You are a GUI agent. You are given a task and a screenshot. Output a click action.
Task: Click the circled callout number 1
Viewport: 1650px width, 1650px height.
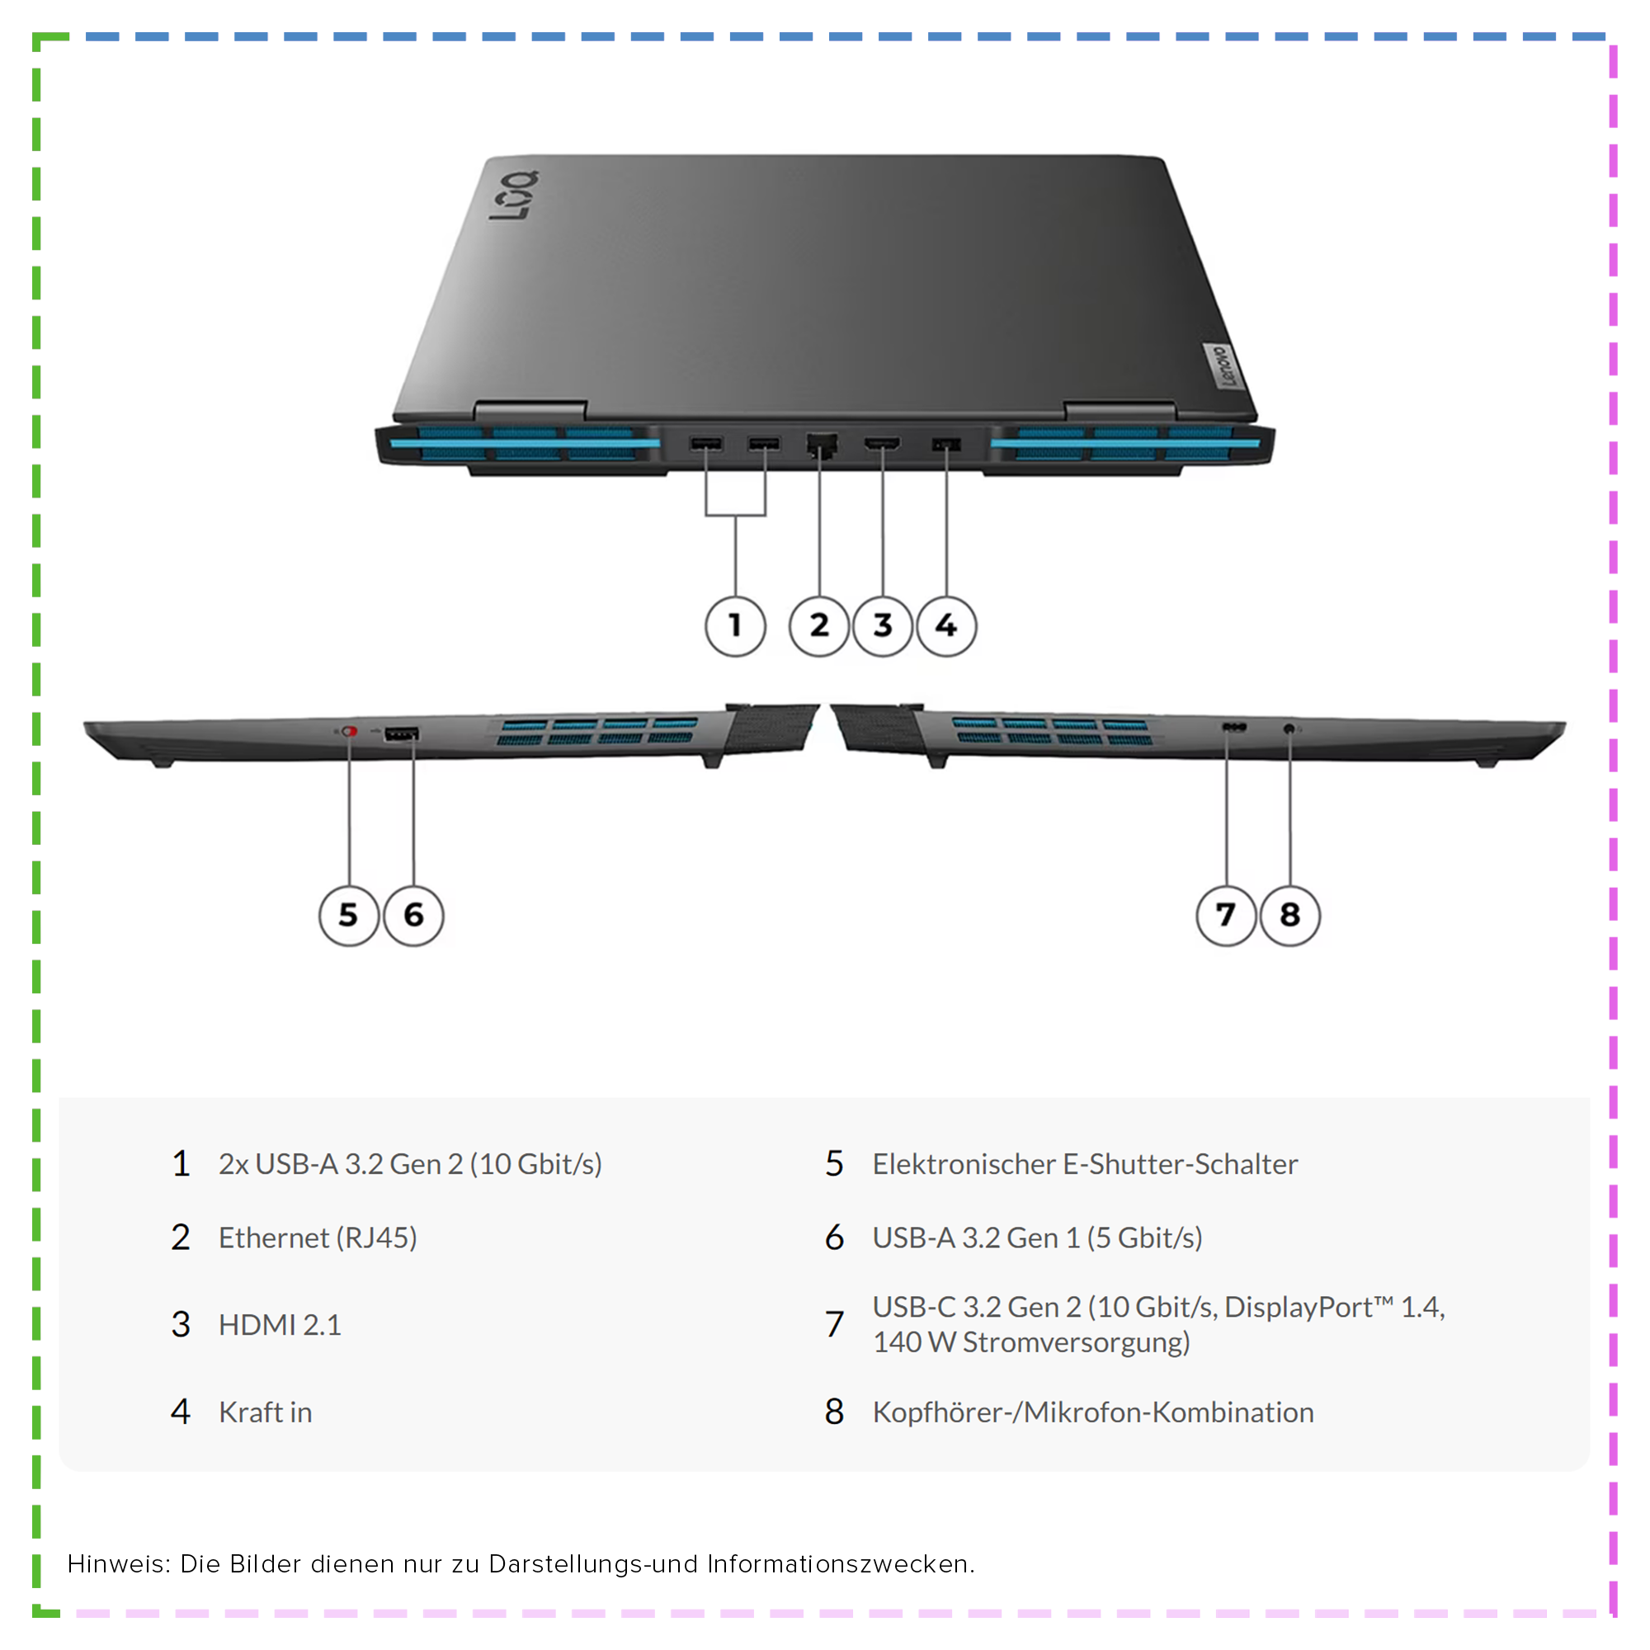coord(735,626)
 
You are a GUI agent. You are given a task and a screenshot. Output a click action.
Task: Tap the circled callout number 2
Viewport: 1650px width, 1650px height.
coord(819,626)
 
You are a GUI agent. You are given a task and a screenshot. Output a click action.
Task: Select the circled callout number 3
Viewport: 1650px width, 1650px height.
coord(882,626)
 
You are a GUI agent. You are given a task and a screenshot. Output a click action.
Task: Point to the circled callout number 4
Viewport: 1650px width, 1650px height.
coord(946,626)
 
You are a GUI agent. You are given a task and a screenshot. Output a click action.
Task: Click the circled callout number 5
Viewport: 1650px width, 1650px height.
coord(348,916)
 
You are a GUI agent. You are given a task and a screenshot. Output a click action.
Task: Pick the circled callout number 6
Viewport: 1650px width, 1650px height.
coord(413,916)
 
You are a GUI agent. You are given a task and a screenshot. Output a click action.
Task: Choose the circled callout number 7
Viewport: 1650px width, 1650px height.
coord(1227,916)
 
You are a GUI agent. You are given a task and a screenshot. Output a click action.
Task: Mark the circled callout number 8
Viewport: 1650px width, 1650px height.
coord(1290,916)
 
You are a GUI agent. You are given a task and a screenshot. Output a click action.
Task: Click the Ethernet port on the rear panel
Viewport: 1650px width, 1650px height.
coord(821,444)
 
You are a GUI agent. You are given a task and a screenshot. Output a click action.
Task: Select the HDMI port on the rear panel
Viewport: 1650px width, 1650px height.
coord(882,444)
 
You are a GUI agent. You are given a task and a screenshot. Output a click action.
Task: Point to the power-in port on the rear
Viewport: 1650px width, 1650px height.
coord(946,444)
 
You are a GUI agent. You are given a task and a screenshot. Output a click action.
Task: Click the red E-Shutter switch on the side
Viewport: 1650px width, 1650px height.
coord(348,732)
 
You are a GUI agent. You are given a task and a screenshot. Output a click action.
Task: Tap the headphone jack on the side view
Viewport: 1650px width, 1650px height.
coord(1289,728)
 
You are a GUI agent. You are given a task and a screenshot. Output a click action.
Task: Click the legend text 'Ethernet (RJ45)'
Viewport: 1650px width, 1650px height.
coord(318,1237)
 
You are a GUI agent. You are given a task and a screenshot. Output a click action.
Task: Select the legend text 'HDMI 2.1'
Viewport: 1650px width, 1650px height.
coord(280,1325)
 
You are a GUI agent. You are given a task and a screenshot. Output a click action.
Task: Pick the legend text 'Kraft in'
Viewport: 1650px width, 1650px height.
coord(266,1412)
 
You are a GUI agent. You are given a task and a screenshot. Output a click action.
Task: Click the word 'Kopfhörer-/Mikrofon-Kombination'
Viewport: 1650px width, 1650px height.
coord(1093,1412)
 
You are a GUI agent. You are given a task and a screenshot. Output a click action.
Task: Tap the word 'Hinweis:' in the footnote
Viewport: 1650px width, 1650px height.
coord(119,1563)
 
